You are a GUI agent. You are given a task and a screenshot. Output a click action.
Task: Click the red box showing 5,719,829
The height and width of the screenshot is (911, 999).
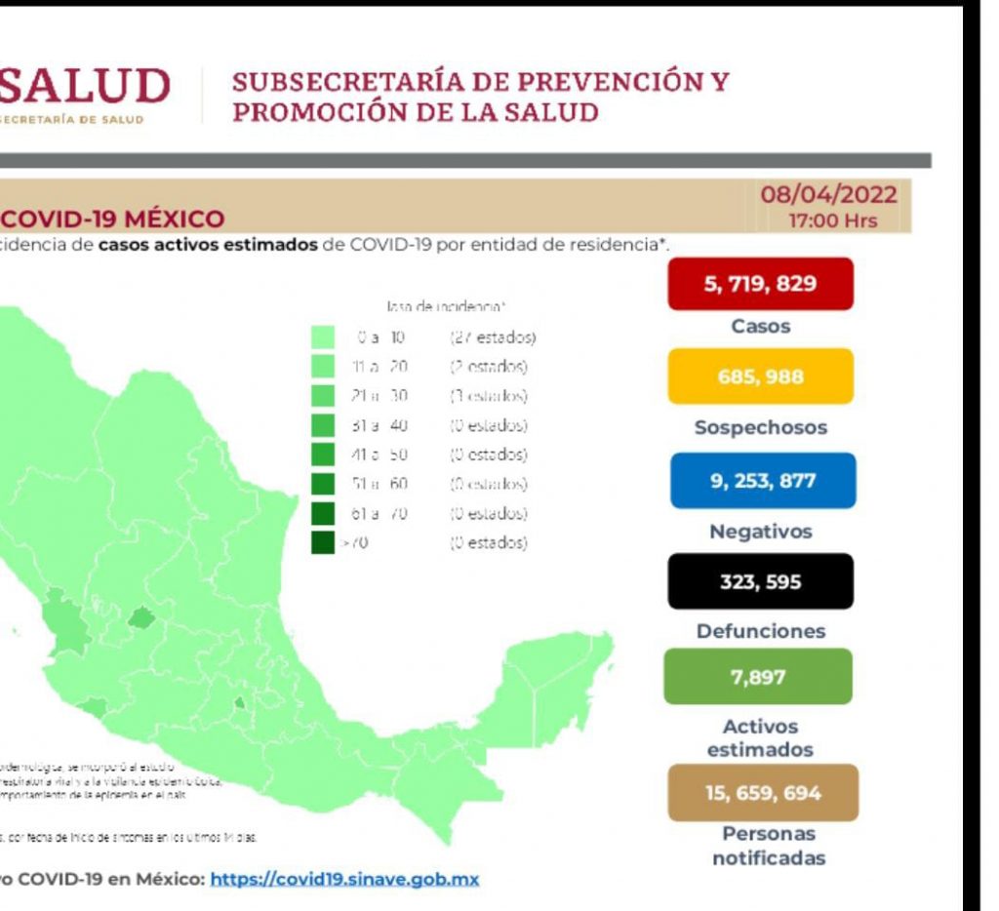[x=760, y=284]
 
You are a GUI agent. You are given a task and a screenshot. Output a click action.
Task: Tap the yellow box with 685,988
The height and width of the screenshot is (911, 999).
[x=760, y=376]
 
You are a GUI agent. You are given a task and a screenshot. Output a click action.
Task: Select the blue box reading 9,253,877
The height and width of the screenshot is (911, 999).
[x=762, y=480]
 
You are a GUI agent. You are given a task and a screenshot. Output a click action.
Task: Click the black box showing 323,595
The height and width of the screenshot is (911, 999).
[x=761, y=581]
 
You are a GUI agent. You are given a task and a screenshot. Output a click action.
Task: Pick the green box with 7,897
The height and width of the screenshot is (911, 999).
[x=758, y=677]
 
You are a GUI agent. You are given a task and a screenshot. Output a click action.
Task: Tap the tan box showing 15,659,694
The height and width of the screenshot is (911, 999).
[x=763, y=793]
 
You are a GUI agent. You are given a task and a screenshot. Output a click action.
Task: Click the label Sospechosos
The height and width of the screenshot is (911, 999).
[x=762, y=428]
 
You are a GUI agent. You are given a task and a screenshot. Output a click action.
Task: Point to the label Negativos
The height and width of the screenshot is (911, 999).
[x=761, y=533]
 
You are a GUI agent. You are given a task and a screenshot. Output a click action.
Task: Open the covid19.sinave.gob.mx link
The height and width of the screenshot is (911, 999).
[x=344, y=879]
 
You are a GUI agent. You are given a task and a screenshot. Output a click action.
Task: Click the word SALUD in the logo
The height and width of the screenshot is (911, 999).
[x=84, y=87]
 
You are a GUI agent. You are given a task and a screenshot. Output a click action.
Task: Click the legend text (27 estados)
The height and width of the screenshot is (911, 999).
[x=493, y=338]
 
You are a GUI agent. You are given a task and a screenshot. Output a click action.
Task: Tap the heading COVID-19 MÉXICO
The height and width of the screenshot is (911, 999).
[x=113, y=218]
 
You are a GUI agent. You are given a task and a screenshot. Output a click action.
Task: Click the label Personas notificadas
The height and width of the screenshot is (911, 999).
[x=769, y=847]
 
